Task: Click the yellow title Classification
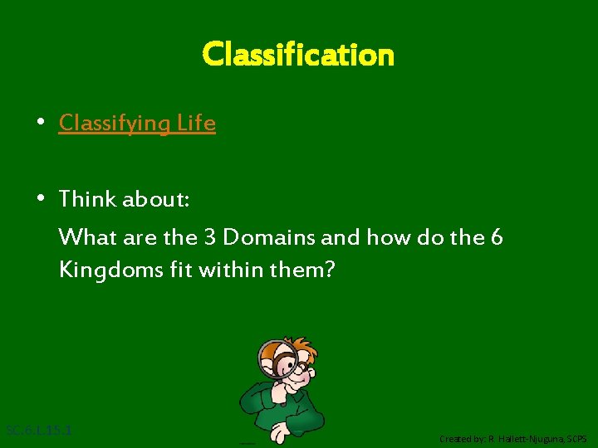coord(298,55)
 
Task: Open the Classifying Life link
coord(137,124)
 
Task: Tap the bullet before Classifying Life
coord(40,124)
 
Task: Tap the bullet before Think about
coord(40,199)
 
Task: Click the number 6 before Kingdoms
coord(497,237)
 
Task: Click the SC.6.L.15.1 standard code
coord(39,431)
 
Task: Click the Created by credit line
coord(512,438)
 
